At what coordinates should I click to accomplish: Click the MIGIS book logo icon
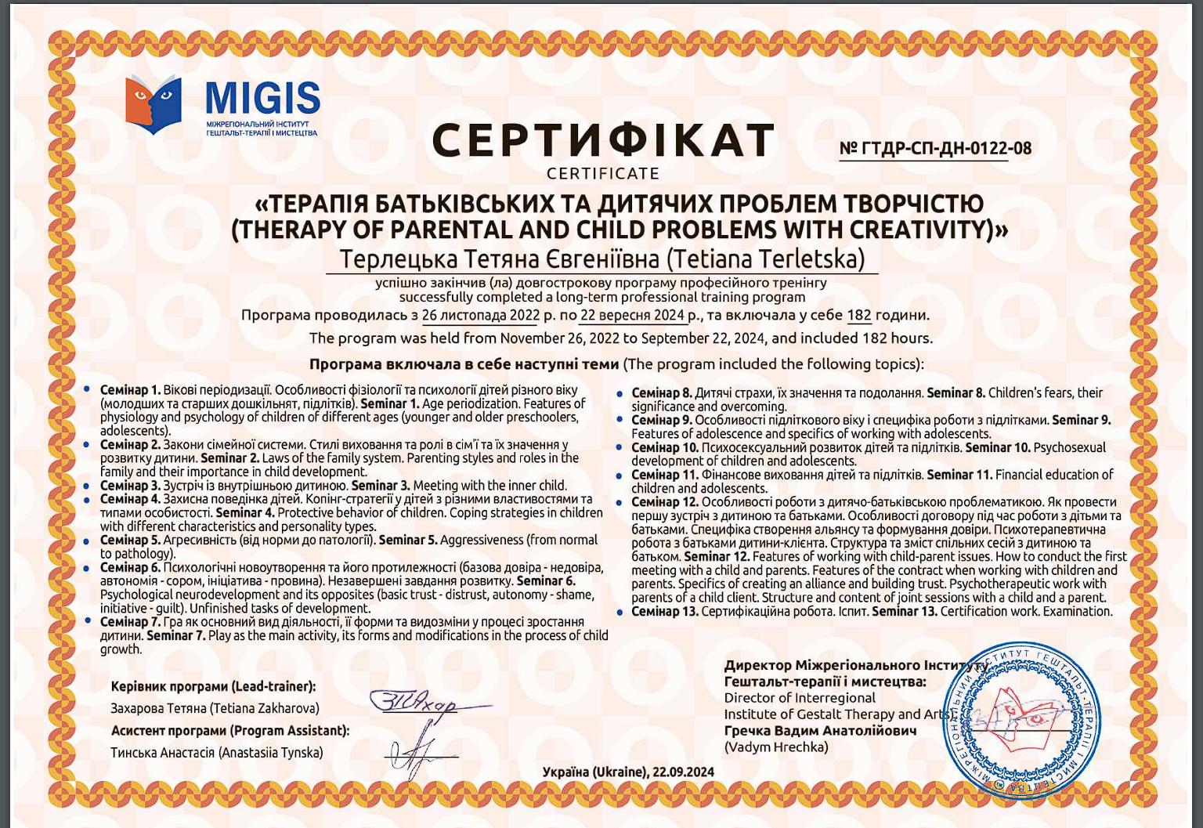tap(154, 104)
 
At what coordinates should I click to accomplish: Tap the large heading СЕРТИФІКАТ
tap(603, 141)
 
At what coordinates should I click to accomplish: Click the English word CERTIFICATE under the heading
tap(603, 173)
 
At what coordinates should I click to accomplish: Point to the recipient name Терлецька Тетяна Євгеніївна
tap(501, 259)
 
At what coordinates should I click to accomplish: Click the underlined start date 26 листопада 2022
tap(481, 316)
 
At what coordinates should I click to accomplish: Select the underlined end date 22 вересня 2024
tap(632, 316)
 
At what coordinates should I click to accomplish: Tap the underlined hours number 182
tap(859, 316)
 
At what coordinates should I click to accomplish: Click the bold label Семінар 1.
tap(130, 390)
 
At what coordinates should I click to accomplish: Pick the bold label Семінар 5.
tap(130, 541)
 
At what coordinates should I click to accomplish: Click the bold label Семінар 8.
tap(662, 393)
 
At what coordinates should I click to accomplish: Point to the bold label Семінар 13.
tap(665, 612)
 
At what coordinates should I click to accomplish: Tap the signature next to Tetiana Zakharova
tap(423, 703)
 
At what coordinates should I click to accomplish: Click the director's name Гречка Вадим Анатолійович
tap(820, 731)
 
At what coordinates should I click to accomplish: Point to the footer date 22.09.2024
tap(683, 772)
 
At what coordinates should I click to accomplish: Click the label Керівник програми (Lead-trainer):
tap(213, 687)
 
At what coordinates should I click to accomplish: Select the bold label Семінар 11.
tap(665, 475)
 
